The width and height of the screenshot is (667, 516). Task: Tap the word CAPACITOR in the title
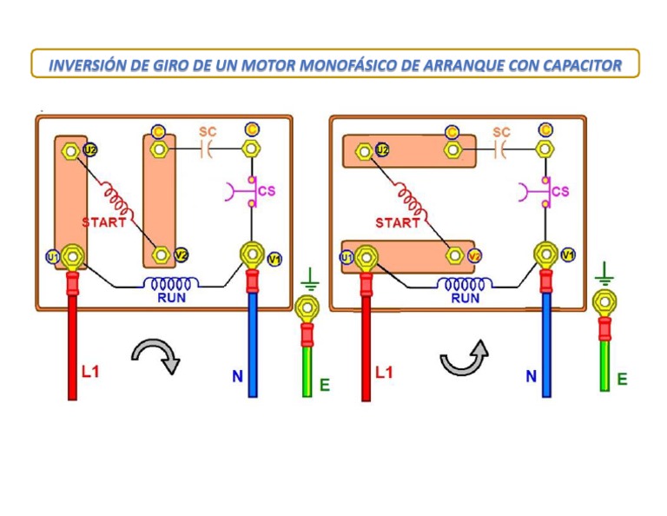(x=571, y=65)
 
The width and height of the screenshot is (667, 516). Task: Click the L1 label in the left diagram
(x=91, y=371)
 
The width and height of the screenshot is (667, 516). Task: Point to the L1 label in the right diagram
(x=385, y=372)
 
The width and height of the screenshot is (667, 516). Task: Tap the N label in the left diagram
(x=237, y=377)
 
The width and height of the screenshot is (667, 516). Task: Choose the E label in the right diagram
(x=622, y=380)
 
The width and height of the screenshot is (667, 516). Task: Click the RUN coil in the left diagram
(x=170, y=283)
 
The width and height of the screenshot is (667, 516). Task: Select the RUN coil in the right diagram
(x=465, y=284)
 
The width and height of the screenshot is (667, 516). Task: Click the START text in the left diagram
(x=104, y=222)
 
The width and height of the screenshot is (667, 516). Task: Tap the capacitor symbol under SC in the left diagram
(x=207, y=149)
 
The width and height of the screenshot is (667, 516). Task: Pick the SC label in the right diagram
(x=501, y=132)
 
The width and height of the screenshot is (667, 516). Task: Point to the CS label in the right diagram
(x=560, y=191)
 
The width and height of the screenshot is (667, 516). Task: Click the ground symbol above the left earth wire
(x=310, y=280)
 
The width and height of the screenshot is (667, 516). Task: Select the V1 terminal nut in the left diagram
(x=252, y=255)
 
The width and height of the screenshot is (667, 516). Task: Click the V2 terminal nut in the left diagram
(x=160, y=255)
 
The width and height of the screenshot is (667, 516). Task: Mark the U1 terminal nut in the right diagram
(x=366, y=257)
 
